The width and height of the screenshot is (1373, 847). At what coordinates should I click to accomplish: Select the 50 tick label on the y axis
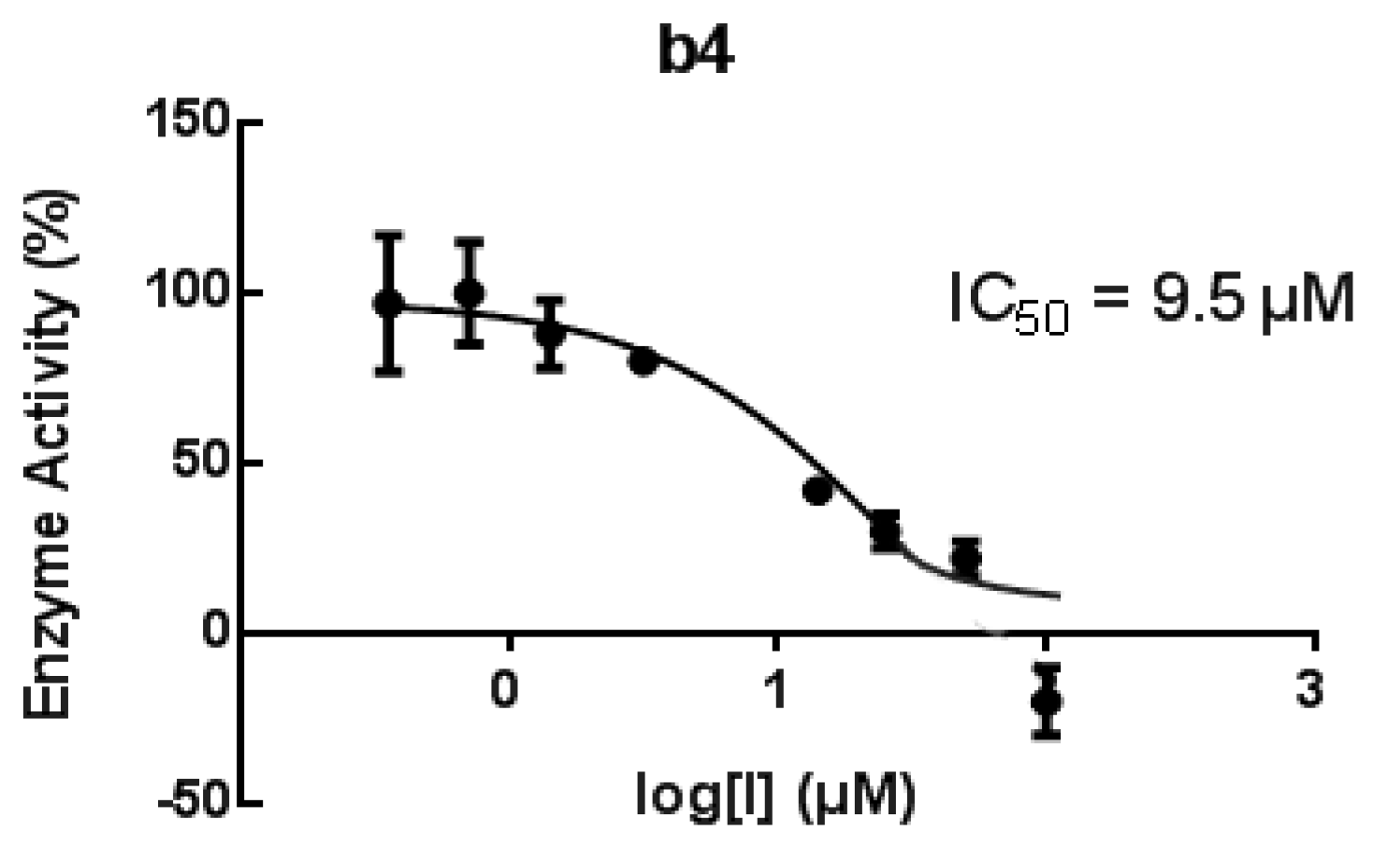tap(201, 464)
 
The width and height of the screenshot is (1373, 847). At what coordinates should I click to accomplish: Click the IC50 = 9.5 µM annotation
tap(1150, 301)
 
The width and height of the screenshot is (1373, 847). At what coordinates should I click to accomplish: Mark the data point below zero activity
tap(1048, 700)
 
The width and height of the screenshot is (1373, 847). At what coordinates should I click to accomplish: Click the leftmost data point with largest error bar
tap(389, 304)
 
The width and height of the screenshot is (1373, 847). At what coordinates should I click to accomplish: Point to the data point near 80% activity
tap(643, 361)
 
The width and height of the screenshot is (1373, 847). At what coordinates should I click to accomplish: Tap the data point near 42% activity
tap(817, 490)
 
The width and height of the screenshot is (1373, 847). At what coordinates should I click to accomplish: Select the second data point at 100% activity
tap(470, 293)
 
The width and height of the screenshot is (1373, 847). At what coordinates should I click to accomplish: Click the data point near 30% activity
tap(885, 531)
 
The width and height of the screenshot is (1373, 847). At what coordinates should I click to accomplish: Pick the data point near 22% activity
tap(966, 558)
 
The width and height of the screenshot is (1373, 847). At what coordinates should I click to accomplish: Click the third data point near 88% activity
tap(551, 333)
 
